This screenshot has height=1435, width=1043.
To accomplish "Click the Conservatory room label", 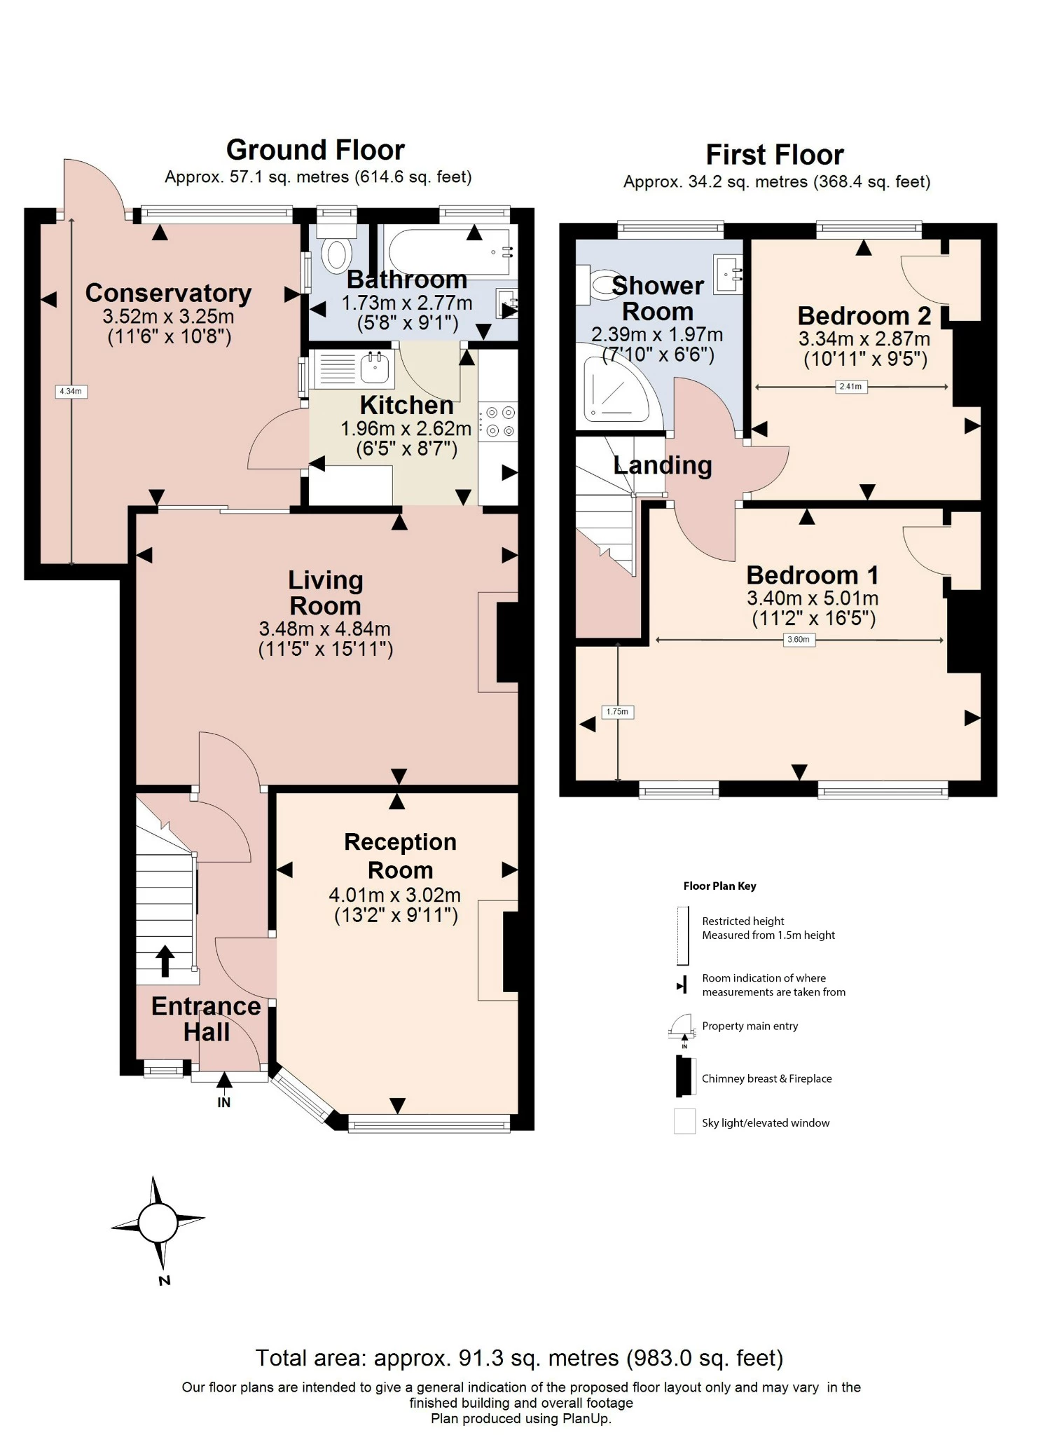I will click(x=168, y=293).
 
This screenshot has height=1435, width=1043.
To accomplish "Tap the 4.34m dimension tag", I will click(x=71, y=391).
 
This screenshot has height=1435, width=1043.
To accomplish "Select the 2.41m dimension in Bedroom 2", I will click(x=850, y=386).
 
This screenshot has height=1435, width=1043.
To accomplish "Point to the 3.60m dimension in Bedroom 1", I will click(x=799, y=639).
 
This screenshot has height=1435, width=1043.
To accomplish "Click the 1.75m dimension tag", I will click(x=617, y=712).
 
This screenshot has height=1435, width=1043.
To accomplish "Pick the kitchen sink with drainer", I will click(x=354, y=369).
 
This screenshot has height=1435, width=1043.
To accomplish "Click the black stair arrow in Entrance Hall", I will click(x=165, y=961).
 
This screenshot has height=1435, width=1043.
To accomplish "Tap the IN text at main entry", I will click(x=223, y=1102).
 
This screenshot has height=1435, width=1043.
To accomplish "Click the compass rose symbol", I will click(x=158, y=1223).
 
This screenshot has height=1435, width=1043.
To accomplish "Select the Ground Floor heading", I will click(x=315, y=150).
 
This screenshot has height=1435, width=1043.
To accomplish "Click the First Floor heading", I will click(x=775, y=155).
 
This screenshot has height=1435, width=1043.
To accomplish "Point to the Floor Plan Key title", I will click(x=719, y=886).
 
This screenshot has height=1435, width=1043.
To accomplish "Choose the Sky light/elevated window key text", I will click(x=766, y=1122).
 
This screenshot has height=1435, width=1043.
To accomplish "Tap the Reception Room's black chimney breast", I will click(x=511, y=951).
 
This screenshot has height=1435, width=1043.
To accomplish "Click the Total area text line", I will click(x=519, y=1358).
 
